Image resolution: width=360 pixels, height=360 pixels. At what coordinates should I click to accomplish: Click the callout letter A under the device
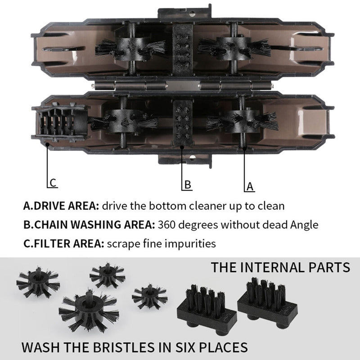250,185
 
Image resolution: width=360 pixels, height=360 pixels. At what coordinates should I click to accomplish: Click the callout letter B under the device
188,184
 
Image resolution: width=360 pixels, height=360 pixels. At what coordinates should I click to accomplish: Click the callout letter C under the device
53,183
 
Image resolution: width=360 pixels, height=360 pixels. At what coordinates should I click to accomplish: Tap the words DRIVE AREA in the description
66,207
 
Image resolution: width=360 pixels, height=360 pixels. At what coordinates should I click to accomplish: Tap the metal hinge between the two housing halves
180,85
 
